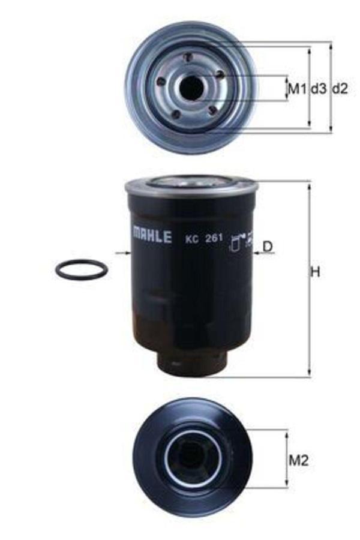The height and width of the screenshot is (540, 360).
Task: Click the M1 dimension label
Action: pos(297,89)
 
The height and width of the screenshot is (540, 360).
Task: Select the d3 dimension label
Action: pos(319,89)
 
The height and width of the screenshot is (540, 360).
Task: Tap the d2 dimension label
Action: pos(340,89)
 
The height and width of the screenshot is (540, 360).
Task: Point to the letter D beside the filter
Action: pos(268,246)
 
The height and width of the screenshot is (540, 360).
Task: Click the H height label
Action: pos(314,272)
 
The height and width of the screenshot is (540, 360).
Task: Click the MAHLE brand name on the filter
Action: pos(152,235)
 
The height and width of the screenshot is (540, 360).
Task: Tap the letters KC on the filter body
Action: pos(191,237)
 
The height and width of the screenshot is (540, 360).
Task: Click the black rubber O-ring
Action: pos(82,269)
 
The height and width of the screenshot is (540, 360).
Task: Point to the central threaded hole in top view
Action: pos(192,88)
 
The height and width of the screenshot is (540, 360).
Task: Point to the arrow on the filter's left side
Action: pos(124,254)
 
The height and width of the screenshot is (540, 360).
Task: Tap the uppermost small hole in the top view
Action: pos(188,58)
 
